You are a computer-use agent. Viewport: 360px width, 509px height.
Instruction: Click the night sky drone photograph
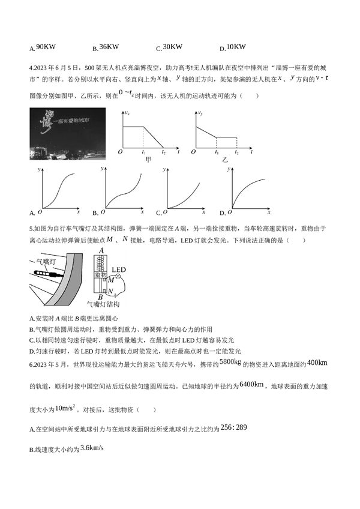tap(68, 134)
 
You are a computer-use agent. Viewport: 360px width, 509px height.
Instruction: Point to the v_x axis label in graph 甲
tap(127, 113)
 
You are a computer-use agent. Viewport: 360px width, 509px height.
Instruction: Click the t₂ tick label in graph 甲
tap(164, 152)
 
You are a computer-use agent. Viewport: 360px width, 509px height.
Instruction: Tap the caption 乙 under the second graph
tap(224, 160)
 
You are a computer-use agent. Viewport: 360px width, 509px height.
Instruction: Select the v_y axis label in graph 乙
tap(200, 113)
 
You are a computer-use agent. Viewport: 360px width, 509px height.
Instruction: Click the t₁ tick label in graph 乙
tap(217, 152)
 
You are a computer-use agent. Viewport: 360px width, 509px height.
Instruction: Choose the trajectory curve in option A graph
tap(58, 191)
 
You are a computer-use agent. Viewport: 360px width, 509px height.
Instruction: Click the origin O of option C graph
tap(165, 212)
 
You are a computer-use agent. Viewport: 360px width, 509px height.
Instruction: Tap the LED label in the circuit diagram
tap(118, 270)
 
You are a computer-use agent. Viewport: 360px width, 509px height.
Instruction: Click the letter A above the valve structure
tap(101, 251)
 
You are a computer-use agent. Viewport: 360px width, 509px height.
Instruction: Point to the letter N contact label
tap(110, 291)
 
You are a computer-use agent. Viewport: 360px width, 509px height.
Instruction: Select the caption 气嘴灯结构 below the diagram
tap(103, 304)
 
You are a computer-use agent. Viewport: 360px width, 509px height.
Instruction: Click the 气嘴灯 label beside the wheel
tap(46, 261)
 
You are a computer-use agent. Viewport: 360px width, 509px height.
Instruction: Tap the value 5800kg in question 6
tap(230, 362)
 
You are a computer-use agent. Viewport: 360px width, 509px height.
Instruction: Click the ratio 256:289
tap(234, 427)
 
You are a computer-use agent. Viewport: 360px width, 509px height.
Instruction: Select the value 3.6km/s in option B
tap(92, 448)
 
